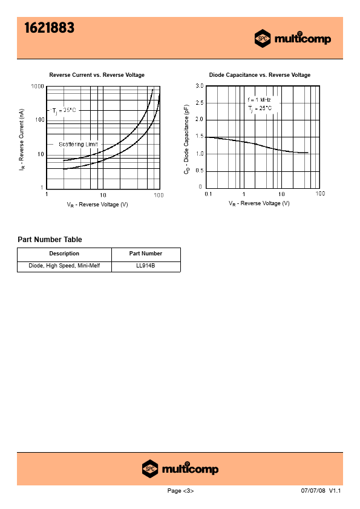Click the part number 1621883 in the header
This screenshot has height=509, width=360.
click(x=50, y=28)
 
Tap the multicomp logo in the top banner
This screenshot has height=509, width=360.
click(x=293, y=39)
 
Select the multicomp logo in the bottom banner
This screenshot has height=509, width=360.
click(x=180, y=468)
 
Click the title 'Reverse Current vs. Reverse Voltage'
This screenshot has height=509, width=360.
click(x=97, y=75)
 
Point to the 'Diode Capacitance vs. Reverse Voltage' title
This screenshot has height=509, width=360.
click(x=260, y=75)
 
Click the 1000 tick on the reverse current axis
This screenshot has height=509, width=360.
click(x=38, y=87)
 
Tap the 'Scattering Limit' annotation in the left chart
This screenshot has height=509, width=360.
click(x=78, y=144)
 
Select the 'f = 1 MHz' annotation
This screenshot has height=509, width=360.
click(x=259, y=100)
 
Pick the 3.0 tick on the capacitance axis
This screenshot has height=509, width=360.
click(x=200, y=86)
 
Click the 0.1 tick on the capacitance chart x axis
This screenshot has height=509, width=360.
click(x=208, y=194)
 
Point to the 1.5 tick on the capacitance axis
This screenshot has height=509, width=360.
click(x=200, y=136)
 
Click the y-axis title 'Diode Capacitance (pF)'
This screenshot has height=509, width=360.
click(x=186, y=139)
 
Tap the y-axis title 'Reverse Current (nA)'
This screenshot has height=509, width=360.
click(x=21, y=139)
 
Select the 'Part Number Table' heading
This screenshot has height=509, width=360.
click(x=50, y=240)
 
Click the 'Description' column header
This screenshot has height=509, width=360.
click(x=64, y=254)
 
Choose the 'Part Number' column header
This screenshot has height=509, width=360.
click(x=146, y=254)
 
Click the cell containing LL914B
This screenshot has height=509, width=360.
click(x=146, y=266)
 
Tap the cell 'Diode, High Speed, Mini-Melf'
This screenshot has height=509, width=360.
click(x=64, y=266)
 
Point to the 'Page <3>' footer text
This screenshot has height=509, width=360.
click(x=180, y=491)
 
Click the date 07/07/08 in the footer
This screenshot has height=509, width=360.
click(x=313, y=490)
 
